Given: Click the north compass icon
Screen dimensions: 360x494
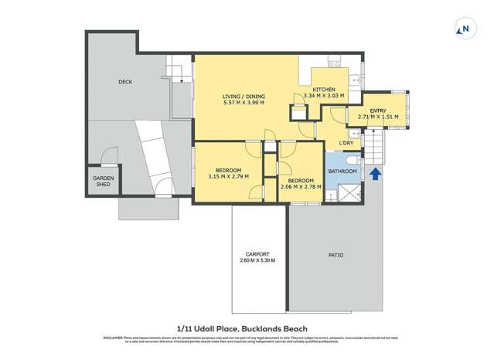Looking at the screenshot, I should pyautogui.click(x=465, y=30).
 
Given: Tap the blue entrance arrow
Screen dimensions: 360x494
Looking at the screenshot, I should pyautogui.click(x=376, y=175).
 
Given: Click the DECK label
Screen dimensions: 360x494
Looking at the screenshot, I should pyautogui.click(x=125, y=81).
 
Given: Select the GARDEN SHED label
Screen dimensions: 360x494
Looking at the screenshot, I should pyautogui.click(x=104, y=182).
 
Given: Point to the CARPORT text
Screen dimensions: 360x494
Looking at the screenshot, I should pyautogui.click(x=257, y=254).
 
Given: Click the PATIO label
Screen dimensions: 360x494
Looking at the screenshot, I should pyautogui.click(x=336, y=255).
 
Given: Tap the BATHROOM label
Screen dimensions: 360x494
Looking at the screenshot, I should pyautogui.click(x=342, y=171).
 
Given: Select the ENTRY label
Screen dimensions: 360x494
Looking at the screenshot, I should pyautogui.click(x=378, y=110).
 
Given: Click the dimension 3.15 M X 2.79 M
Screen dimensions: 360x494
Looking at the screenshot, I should pyautogui.click(x=228, y=177).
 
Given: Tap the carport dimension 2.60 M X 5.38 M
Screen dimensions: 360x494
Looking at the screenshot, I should pyautogui.click(x=257, y=261).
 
